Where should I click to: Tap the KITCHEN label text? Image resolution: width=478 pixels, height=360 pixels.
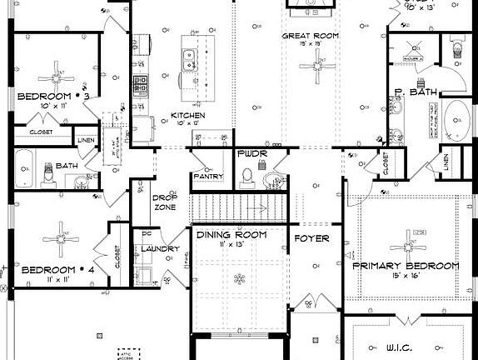187,115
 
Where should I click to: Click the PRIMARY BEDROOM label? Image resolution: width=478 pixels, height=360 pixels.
406,266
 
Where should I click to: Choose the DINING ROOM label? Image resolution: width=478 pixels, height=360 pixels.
232,235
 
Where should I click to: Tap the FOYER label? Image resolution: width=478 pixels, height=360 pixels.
312,238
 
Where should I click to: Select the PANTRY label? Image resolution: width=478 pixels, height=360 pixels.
207,177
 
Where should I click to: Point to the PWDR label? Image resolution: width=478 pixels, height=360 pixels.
251,155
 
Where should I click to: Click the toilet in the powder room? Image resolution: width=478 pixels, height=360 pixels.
247,175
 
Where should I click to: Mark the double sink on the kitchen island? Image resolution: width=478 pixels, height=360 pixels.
190,58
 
